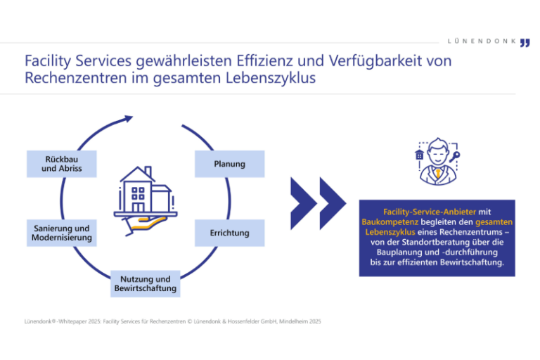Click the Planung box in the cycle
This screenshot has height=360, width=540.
click(x=229, y=164)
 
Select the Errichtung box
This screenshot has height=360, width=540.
click(x=229, y=233)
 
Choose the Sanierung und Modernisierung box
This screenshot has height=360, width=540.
click(x=61, y=233)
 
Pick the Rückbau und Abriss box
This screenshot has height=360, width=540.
click(x=61, y=164)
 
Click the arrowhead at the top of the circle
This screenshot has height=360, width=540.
click(x=127, y=119)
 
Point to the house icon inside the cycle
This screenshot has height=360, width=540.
click(x=146, y=191)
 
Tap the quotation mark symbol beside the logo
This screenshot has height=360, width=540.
click(x=525, y=43)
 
